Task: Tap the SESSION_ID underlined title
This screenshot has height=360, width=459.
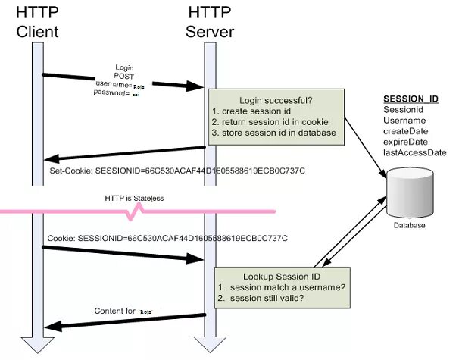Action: click(411, 99)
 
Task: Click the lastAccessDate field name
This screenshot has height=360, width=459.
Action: click(415, 152)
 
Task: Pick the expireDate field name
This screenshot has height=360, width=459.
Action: click(407, 142)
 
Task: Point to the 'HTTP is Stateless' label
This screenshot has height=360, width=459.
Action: click(134, 198)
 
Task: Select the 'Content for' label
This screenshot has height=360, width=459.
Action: click(115, 311)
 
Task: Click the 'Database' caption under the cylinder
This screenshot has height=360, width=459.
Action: click(409, 225)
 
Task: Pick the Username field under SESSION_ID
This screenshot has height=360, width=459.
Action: click(405, 121)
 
